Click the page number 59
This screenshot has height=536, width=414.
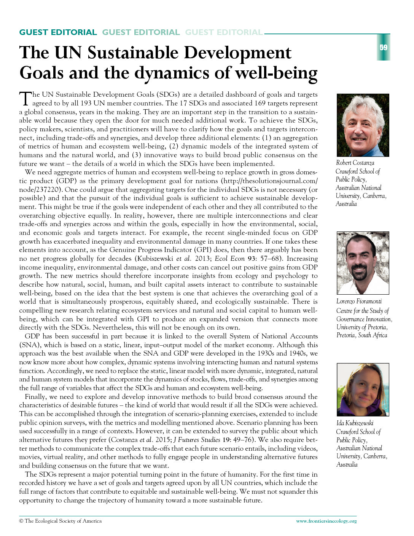[x=383, y=48]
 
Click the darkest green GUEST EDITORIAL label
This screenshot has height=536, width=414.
[x=58, y=32]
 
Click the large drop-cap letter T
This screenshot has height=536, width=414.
[x=25, y=98]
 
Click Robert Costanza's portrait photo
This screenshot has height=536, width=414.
[x=363, y=125]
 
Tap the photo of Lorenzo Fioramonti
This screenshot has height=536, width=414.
[x=363, y=263]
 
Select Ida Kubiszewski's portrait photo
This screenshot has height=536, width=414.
[x=363, y=389]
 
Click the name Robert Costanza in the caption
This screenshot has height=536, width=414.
[x=355, y=163]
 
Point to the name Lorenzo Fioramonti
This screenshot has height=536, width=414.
[x=359, y=301]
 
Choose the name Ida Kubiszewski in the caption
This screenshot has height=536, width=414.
[x=355, y=423]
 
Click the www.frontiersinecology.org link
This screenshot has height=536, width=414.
[x=326, y=521]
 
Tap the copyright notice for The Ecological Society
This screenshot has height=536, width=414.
[x=61, y=521]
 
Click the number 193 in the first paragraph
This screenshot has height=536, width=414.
[x=86, y=103]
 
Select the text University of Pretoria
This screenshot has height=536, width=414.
[x=361, y=327]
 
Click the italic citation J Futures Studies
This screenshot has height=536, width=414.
[x=197, y=440]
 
